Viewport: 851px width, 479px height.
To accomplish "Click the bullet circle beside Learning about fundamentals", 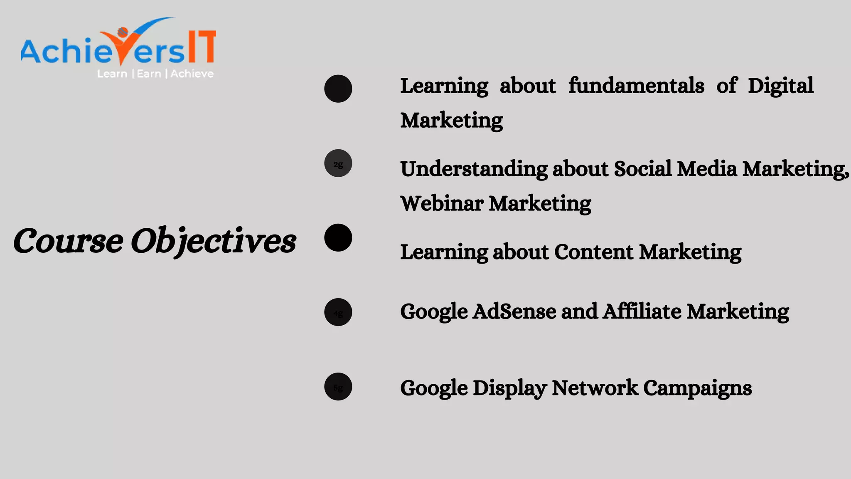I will tap(338, 89).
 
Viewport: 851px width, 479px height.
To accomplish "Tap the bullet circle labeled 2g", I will tap(338, 163).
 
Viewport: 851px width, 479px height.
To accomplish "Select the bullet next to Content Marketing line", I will tap(338, 237).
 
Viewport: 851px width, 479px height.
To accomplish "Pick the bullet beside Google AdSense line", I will tap(338, 312).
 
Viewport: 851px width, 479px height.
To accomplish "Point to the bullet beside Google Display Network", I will tap(338, 386).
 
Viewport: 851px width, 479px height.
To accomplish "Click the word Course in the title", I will tap(68, 241).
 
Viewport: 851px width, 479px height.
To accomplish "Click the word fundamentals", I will tap(636, 86).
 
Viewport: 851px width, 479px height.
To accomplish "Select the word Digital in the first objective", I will tap(780, 86).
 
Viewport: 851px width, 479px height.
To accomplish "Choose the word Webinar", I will tap(442, 204).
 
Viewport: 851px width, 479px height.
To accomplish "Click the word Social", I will tap(642, 169).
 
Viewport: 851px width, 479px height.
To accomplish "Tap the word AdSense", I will tap(514, 311).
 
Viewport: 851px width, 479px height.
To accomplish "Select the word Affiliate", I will tap(642, 311).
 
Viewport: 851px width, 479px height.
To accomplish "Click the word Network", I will tap(595, 388).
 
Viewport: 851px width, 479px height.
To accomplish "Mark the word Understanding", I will tap(474, 169).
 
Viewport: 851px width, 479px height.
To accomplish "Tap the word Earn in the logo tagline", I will tap(149, 74).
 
